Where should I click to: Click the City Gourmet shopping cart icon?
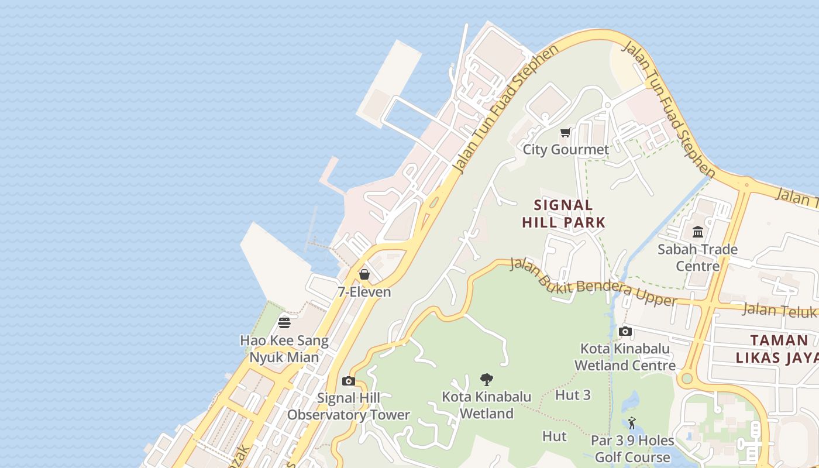point(565,133)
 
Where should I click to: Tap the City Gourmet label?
point(566,150)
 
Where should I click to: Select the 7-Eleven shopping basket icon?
point(364,274)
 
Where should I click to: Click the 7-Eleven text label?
point(364,292)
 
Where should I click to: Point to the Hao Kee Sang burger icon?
point(284,323)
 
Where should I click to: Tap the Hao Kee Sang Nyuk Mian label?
point(284,349)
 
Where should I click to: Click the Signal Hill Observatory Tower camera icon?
point(349,381)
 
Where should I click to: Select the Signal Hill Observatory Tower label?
point(349,407)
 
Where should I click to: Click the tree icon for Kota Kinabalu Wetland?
point(486,380)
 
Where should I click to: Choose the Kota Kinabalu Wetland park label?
point(487,405)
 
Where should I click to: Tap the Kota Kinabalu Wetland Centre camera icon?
point(625,332)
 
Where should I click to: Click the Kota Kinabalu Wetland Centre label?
point(625,357)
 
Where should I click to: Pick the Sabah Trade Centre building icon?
point(698,232)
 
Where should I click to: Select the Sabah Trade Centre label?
point(698,257)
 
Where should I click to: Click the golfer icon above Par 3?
point(632,423)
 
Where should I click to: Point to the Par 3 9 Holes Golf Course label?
point(632,449)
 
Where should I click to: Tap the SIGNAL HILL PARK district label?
point(563,214)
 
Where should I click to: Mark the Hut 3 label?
point(573,395)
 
